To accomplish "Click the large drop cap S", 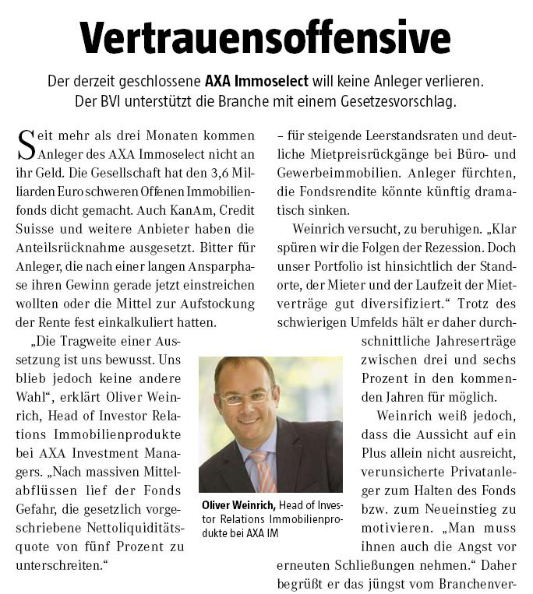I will point(25,145).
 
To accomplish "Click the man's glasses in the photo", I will point(247,398).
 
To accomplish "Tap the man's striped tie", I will point(263,468).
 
